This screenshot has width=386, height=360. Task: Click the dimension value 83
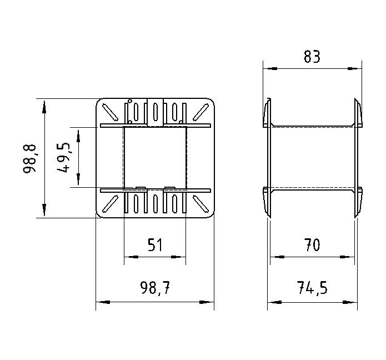tap(312, 57)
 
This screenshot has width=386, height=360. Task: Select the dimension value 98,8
tap(29, 159)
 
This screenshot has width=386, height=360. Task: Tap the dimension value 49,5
tap(63, 158)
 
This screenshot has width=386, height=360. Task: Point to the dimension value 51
tap(155, 245)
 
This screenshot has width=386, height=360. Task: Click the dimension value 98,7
tap(155, 288)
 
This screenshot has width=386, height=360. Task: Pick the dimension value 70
tap(312, 245)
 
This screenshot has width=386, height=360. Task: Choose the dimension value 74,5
tap(312, 288)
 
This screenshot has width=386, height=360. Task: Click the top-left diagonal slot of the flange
tap(110, 112)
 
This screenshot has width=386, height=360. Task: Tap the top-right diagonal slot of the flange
tap(200, 112)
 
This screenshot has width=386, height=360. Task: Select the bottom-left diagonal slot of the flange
tap(110, 204)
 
